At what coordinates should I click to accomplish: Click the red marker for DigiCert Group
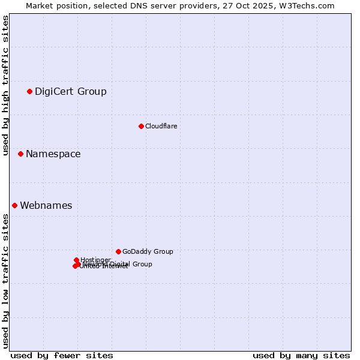point(29,91)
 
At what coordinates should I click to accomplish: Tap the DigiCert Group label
point(70,92)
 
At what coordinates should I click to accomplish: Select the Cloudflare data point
point(141,126)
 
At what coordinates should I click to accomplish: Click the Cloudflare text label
point(161,126)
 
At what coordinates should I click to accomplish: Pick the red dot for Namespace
point(20,154)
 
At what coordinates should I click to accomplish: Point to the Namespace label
point(53,154)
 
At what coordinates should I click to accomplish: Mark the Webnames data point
point(14,205)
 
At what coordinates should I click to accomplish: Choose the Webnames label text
point(46,206)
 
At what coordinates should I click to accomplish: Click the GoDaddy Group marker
point(118,251)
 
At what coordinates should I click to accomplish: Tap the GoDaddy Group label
point(148,252)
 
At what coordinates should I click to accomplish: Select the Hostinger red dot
point(77,260)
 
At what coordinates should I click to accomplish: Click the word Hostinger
point(96,260)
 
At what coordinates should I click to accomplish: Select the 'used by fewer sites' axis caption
point(62,355)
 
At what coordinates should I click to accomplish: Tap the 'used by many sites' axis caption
point(301,355)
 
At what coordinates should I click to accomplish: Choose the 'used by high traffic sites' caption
point(5,85)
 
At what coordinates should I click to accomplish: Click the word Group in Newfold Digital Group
point(142,264)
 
